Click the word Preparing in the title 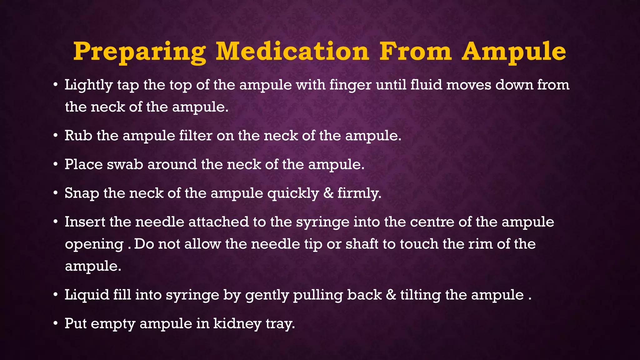click(139, 52)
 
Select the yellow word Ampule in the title click(514, 52)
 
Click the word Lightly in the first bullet click(88, 85)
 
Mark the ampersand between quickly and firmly click(328, 193)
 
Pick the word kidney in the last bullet click(237, 324)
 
